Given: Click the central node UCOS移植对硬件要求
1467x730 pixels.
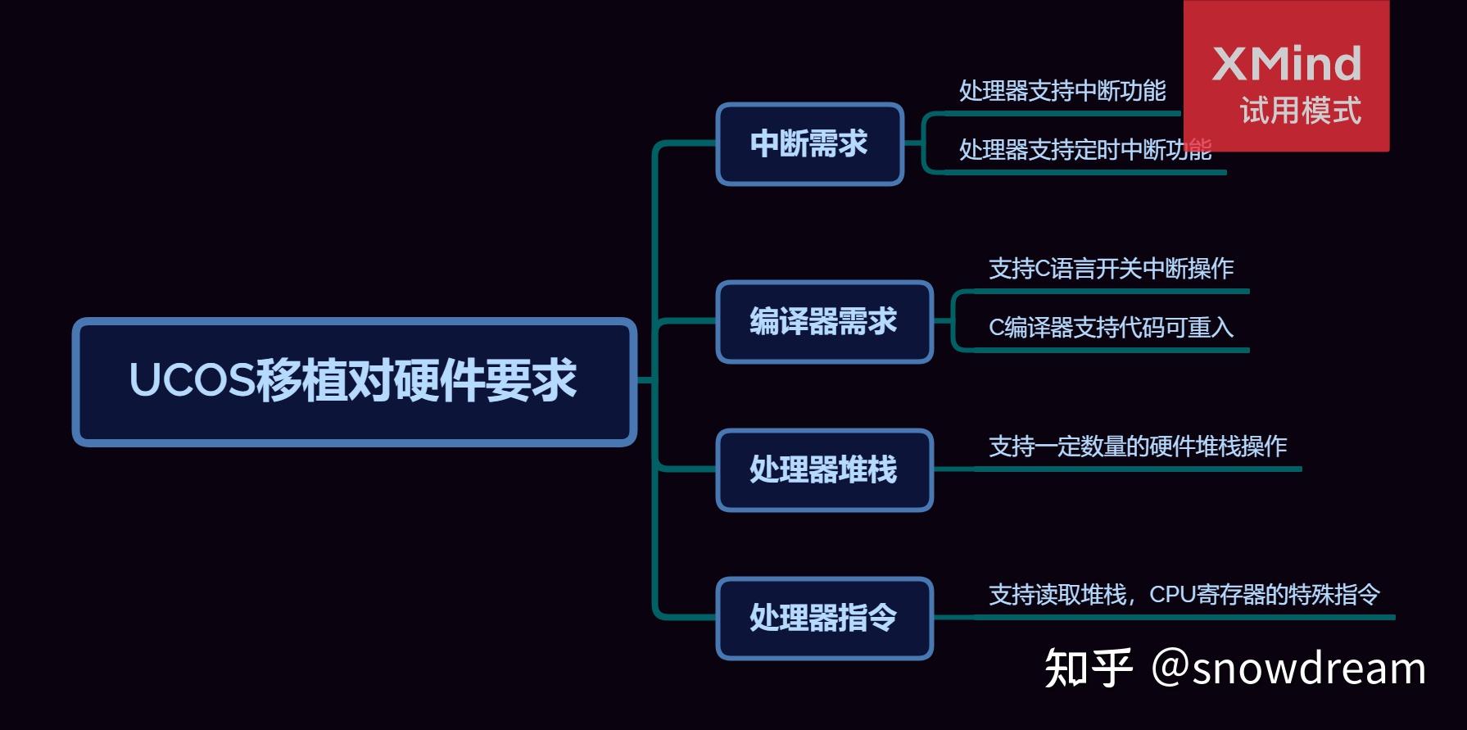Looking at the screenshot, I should click(354, 382).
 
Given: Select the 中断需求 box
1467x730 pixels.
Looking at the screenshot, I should click(809, 144).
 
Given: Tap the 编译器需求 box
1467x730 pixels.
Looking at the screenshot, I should click(824, 322).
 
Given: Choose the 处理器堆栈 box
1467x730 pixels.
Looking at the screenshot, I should click(824, 470).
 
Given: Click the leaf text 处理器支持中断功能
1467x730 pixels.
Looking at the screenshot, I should click(1062, 91).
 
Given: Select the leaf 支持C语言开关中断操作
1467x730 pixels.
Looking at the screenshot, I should click(1111, 269).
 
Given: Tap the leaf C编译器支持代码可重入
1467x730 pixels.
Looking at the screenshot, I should click(1111, 328).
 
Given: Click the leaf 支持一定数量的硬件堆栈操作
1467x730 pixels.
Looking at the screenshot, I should click(1138, 447).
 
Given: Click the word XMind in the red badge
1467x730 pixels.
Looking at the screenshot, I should click(1286, 64).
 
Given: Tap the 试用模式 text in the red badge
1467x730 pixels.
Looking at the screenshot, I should click(1300, 111).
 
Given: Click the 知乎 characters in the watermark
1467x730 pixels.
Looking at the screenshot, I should click(1088, 668).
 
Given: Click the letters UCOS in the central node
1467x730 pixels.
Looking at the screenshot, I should click(192, 381).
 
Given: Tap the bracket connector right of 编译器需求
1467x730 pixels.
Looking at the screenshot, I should click(953, 321).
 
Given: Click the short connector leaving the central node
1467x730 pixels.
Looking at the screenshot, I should click(645, 381).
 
